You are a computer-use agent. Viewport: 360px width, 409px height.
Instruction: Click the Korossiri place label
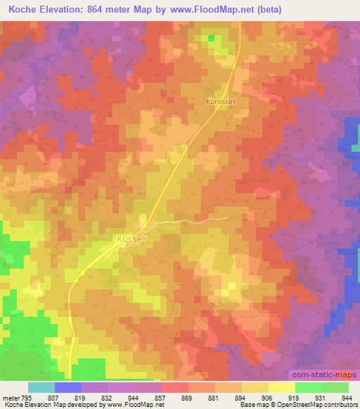click(x=220, y=101)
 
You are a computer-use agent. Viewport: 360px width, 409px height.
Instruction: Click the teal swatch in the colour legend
click(x=41, y=387)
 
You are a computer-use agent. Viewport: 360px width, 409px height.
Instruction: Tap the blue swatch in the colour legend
click(x=68, y=387)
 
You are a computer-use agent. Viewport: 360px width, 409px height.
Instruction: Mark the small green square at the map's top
click(x=212, y=37)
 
